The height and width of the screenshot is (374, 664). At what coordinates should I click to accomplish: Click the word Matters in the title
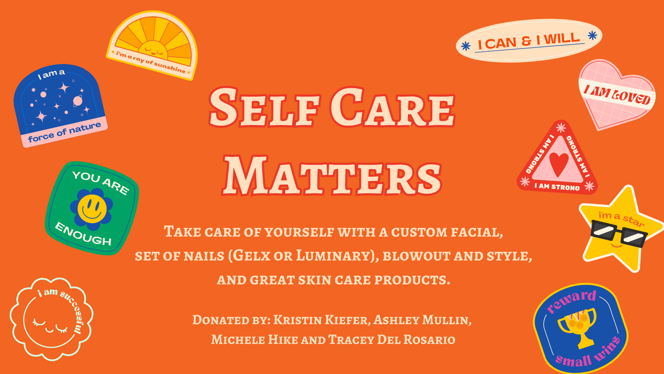point(332,175)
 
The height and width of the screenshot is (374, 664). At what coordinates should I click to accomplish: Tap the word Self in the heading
point(264,107)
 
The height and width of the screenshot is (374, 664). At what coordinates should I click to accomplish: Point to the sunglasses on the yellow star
point(619,235)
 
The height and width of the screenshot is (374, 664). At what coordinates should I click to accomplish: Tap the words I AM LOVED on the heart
point(617,95)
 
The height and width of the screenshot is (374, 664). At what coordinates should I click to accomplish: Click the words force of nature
point(65,132)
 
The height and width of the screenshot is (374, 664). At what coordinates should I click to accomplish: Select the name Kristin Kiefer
point(322,320)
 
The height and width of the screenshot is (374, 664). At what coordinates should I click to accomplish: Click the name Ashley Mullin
point(422,320)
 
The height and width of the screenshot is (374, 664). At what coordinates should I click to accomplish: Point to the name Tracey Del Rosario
point(392,339)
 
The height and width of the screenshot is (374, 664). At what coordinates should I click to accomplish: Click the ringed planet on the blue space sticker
point(78,101)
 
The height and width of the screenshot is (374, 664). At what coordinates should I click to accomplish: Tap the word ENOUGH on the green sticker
point(83,234)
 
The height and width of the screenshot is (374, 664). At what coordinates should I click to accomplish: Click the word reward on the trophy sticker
point(571,301)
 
